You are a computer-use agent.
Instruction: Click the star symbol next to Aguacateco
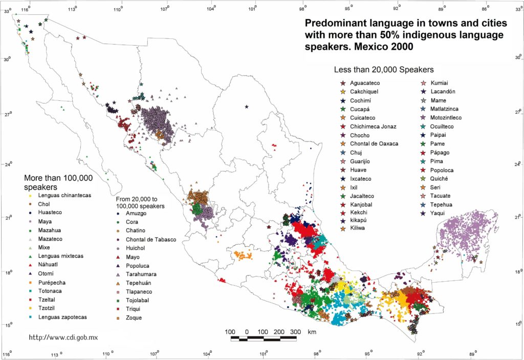(342, 83)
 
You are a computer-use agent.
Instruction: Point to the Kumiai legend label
(441, 83)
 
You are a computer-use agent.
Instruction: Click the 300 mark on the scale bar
(295, 332)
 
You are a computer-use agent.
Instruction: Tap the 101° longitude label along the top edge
(254, 7)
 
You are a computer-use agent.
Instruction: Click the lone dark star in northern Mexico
(247, 107)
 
